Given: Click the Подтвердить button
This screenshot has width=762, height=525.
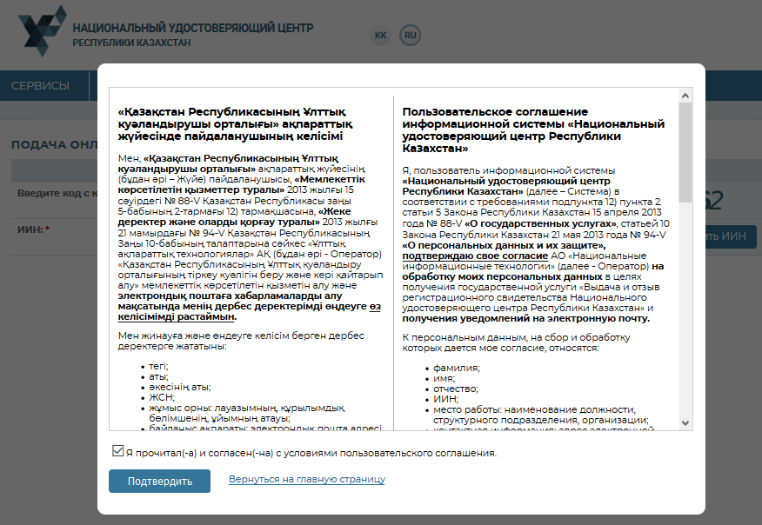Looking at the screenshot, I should pos(159,481).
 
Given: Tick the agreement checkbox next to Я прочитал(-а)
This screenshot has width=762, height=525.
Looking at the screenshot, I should pos(117,452).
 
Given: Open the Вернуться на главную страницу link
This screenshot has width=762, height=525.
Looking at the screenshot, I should pos(306,479).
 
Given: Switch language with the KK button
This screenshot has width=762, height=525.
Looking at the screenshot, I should pos(381,35).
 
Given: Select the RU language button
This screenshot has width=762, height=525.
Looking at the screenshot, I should pos(410,35).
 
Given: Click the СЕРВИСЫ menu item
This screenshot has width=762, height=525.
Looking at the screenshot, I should pos(40,85).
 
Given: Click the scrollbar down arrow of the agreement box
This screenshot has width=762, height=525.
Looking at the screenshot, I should pos(685,422).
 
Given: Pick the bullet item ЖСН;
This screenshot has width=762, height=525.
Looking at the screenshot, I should pos(161,396).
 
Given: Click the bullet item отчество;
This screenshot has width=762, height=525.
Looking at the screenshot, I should pos(458,389).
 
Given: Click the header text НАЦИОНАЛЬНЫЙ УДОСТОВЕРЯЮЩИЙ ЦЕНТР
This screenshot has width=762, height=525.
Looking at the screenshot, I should pos(193,28).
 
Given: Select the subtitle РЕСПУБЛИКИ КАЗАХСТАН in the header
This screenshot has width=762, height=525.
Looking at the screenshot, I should pos(131,43).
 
